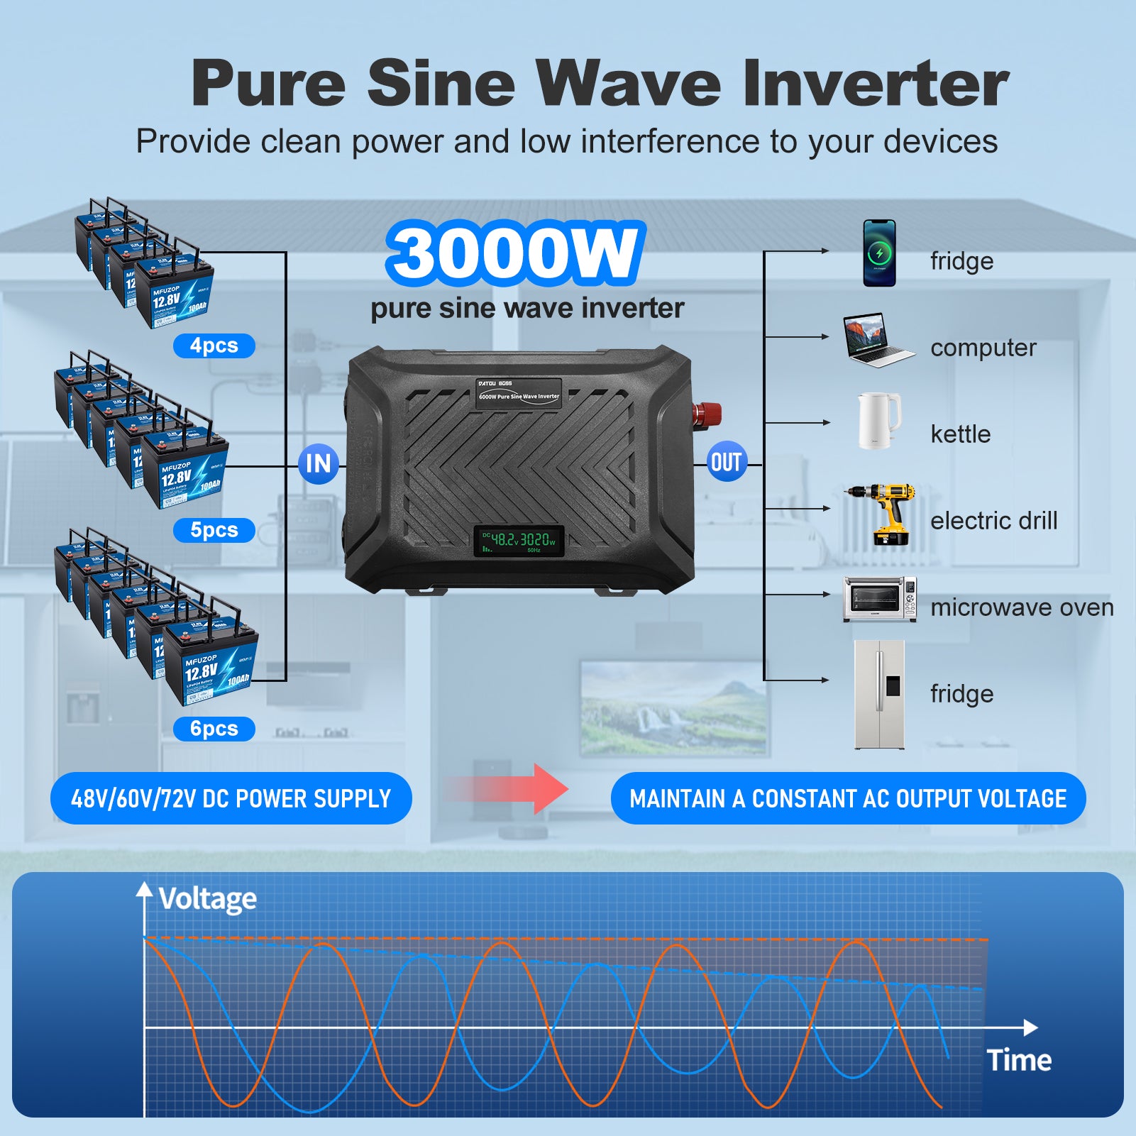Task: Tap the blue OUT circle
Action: coord(727,463)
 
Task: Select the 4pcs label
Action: coord(214,346)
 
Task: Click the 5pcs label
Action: coord(214,530)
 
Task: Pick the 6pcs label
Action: coord(214,729)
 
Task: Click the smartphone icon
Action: coord(879,253)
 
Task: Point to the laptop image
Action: coord(876,340)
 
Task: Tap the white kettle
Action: coord(878,421)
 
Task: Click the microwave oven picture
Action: coord(880,600)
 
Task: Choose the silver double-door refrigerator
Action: coord(879,695)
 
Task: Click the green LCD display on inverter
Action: coord(519,541)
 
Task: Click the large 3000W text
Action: coord(515,253)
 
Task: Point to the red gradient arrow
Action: coord(511,788)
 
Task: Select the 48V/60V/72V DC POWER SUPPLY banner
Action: coord(231,798)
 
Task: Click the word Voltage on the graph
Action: coord(207,899)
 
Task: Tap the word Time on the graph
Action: coord(1019,1060)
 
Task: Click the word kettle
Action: coord(960,434)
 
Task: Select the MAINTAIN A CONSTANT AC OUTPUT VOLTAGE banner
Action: coord(848,798)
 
